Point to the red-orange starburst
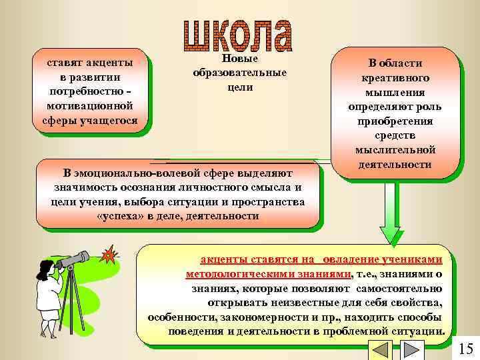(x=107, y=255)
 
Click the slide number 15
(x=466, y=349)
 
